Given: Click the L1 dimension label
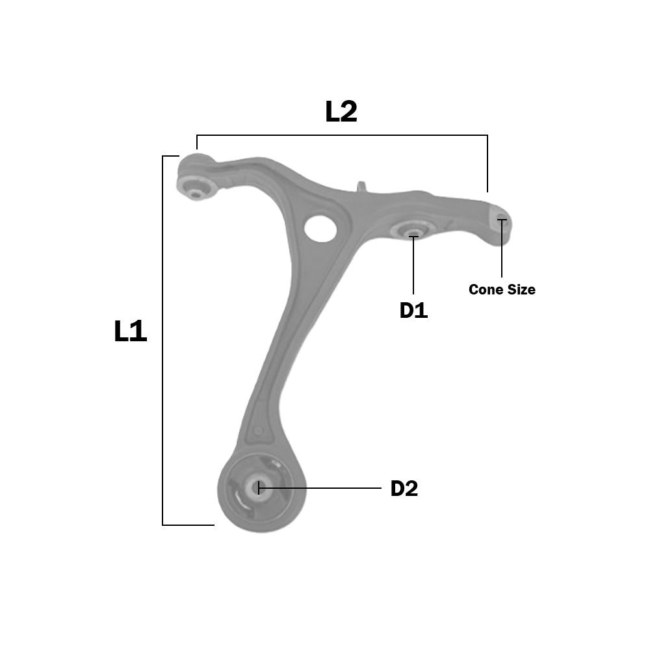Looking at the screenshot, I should click(131, 331).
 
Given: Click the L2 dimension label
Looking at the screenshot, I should click(341, 112).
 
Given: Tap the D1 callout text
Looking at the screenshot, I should click(413, 311).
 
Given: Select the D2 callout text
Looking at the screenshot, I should click(404, 489).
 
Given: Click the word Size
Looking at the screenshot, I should click(521, 289).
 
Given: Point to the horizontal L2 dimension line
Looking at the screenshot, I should click(341, 135).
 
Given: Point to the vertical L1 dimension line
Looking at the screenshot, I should click(162, 338).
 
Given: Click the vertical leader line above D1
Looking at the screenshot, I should click(413, 266).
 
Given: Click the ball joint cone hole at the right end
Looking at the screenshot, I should click(501, 218).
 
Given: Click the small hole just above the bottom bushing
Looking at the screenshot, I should click(258, 431).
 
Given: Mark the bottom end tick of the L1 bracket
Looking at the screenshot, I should click(188, 525).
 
